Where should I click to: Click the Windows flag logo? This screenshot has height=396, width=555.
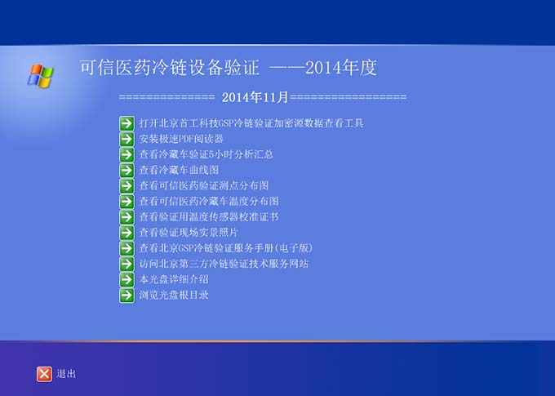(x=40, y=75)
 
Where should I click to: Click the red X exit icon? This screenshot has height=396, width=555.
(x=44, y=374)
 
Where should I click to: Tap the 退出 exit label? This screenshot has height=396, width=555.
(x=66, y=374)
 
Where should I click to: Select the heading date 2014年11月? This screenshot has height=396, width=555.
(x=255, y=97)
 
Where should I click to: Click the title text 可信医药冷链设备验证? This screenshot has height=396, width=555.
(x=170, y=67)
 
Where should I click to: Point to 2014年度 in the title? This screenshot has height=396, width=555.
(x=341, y=67)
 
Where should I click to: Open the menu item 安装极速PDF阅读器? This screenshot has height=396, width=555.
(x=181, y=139)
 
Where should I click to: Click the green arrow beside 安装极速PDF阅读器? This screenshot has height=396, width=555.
(x=127, y=139)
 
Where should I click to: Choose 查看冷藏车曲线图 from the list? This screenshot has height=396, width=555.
(x=179, y=170)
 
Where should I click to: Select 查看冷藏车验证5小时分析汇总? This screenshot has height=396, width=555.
(x=206, y=154)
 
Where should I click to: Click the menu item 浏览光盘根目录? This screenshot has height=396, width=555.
(x=174, y=295)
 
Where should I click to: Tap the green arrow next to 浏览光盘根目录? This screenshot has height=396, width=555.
(x=127, y=296)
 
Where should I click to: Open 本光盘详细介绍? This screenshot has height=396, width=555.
(x=174, y=279)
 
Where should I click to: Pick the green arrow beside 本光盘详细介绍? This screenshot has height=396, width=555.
(x=127, y=280)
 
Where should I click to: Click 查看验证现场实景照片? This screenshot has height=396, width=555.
(x=189, y=233)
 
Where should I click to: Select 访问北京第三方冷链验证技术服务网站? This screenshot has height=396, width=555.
(x=224, y=264)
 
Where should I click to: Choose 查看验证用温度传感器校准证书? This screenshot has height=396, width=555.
(x=209, y=217)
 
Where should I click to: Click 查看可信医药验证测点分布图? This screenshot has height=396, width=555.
(x=203, y=185)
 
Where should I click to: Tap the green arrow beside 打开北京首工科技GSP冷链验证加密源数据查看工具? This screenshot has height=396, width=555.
(x=127, y=123)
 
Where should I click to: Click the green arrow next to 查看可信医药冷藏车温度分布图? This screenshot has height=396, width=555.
(x=127, y=202)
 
